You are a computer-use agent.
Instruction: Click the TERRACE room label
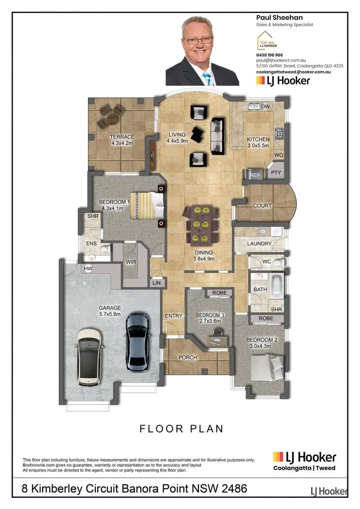point(122,137)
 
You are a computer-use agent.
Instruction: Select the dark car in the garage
point(137,341)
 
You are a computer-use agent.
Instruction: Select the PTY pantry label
point(276,172)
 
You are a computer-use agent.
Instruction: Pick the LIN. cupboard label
point(157,283)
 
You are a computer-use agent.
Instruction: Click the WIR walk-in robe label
point(130,262)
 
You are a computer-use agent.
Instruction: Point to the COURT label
point(263,205)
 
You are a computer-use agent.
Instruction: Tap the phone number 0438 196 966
point(270,55)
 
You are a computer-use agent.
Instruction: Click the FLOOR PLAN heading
point(181,428)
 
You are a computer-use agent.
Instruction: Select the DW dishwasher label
point(265,107)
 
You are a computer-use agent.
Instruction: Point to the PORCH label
point(188,357)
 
